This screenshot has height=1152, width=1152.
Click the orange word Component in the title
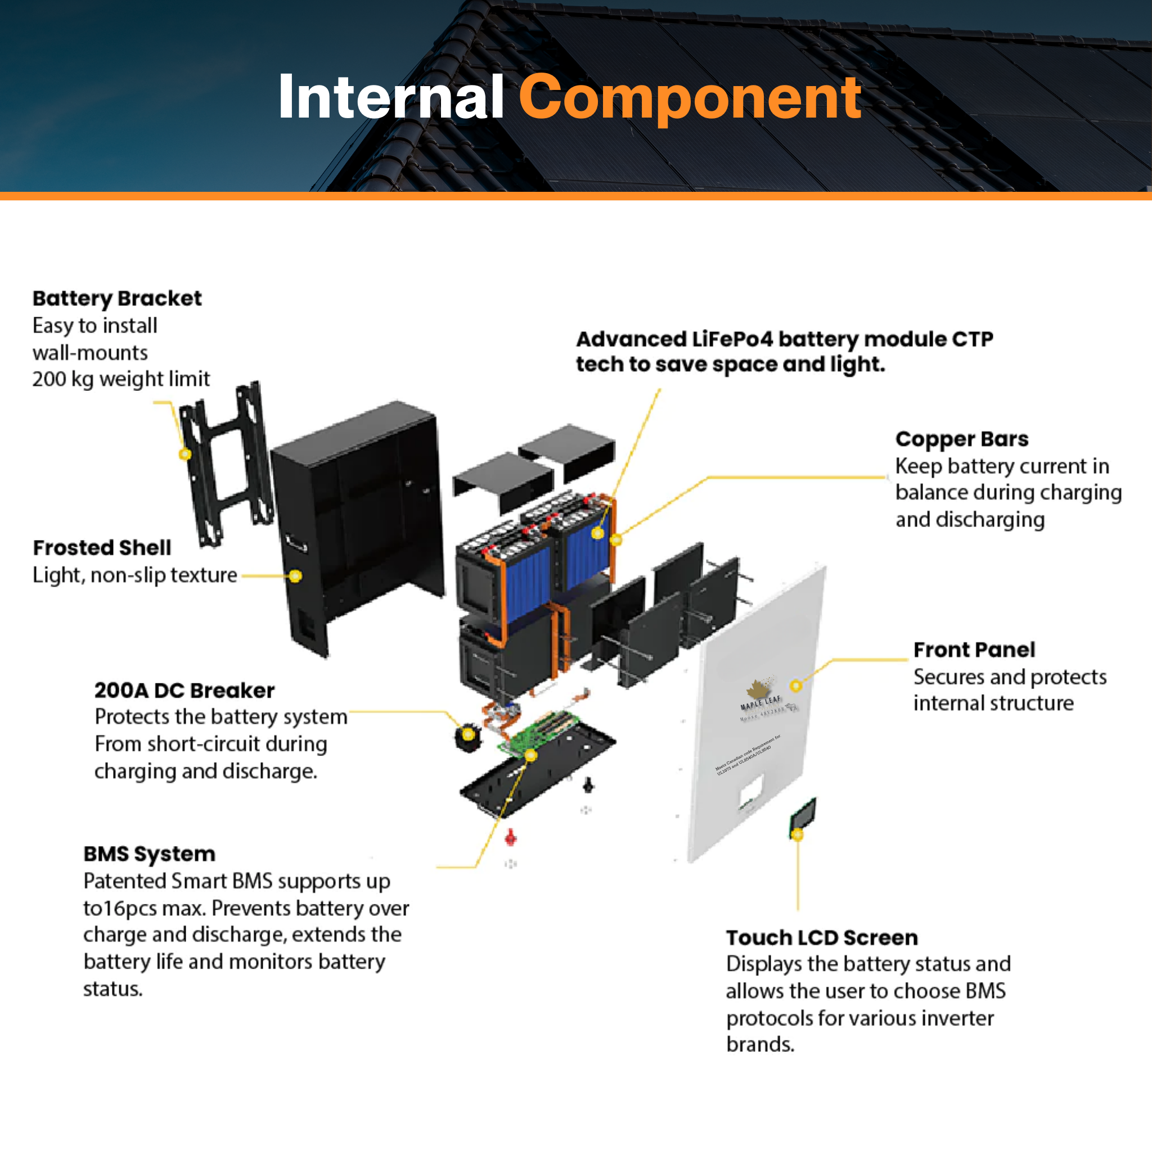tap(690, 98)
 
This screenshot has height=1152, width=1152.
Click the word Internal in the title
tap(391, 98)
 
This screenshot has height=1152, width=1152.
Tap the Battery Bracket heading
tap(117, 298)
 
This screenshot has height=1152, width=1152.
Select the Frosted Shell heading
tap(102, 547)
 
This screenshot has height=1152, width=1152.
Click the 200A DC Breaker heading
tap(184, 691)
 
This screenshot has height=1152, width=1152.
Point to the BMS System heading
tap(149, 854)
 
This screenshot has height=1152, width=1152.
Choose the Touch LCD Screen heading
tap(822, 937)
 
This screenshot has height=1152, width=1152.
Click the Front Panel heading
tap(974, 649)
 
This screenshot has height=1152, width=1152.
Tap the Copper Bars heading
tap(962, 439)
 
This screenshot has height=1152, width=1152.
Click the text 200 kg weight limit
tap(121, 379)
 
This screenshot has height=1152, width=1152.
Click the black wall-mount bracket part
tap(227, 465)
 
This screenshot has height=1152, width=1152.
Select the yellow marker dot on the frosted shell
tap(295, 576)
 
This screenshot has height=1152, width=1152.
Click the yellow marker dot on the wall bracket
tap(186, 454)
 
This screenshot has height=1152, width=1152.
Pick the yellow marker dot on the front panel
tap(795, 686)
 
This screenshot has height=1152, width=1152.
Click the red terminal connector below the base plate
tap(510, 838)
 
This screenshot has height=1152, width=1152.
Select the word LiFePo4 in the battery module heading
tap(732, 339)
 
